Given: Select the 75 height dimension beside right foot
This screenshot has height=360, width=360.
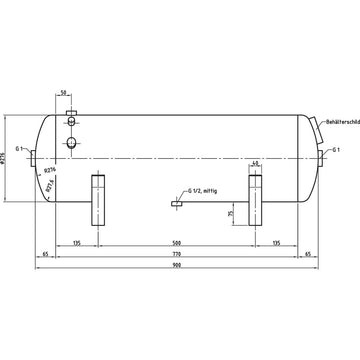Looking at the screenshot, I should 232,213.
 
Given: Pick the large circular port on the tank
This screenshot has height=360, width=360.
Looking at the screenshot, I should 73,143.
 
